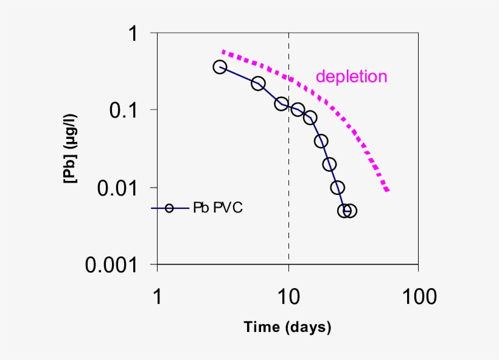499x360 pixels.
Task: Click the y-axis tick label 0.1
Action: pyautogui.click(x=125, y=110)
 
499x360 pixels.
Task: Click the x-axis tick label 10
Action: pyautogui.click(x=288, y=297)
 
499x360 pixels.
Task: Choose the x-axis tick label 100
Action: pyautogui.click(x=417, y=297)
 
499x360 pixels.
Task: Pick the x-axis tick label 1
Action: pyautogui.click(x=158, y=297)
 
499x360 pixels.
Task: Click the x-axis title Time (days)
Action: pyautogui.click(x=288, y=327)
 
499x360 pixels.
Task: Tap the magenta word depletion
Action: pyautogui.click(x=351, y=77)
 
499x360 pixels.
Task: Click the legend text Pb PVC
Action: pyautogui.click(x=218, y=208)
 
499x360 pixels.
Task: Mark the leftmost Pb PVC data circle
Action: pyautogui.click(x=220, y=67)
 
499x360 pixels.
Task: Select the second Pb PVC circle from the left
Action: pyautogui.click(x=258, y=83)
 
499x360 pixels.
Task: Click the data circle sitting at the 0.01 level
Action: pyautogui.click(x=337, y=188)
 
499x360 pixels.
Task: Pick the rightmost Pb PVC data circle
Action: pyautogui.click(x=350, y=211)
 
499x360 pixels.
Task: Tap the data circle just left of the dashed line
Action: pyautogui.click(x=281, y=104)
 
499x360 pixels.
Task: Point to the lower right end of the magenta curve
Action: pyautogui.click(x=387, y=191)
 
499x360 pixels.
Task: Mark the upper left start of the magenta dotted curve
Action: pyautogui.click(x=224, y=52)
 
